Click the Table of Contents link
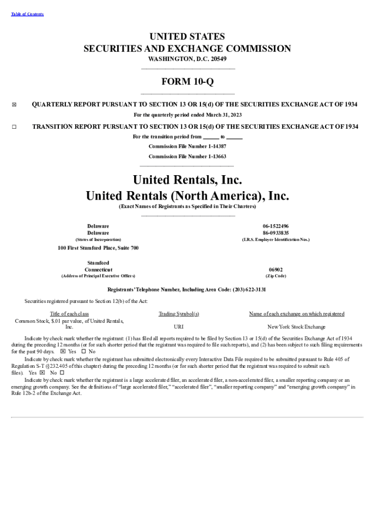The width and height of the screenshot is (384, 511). pyautogui.click(x=27, y=14)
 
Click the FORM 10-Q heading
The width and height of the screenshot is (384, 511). pyautogui.click(x=188, y=81)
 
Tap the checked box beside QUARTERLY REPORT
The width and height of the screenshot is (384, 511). pyautogui.click(x=14, y=105)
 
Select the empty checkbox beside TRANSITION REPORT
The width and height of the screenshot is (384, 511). pyautogui.click(x=14, y=127)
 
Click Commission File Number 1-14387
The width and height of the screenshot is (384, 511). pyautogui.click(x=188, y=146)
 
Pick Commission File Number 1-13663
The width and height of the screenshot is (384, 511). pyautogui.click(x=188, y=156)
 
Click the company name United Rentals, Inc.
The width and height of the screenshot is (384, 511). pyautogui.click(x=188, y=179)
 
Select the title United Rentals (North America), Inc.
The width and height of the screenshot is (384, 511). pyautogui.click(x=188, y=195)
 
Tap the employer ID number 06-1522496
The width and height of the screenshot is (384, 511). pyautogui.click(x=276, y=226)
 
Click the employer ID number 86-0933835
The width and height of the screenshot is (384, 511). pyautogui.click(x=276, y=233)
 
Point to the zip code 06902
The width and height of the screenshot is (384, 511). pyautogui.click(x=276, y=269)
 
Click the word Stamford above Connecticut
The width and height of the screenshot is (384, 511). pyautogui.click(x=98, y=263)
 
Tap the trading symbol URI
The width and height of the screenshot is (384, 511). pyautogui.click(x=179, y=327)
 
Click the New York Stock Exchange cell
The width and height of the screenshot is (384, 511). pyautogui.click(x=296, y=327)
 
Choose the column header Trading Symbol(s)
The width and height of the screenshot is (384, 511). pyautogui.click(x=179, y=314)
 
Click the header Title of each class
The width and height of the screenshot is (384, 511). pyautogui.click(x=69, y=314)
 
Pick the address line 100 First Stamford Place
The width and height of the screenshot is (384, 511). pyautogui.click(x=98, y=248)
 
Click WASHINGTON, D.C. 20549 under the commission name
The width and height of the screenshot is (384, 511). pyautogui.click(x=188, y=59)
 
